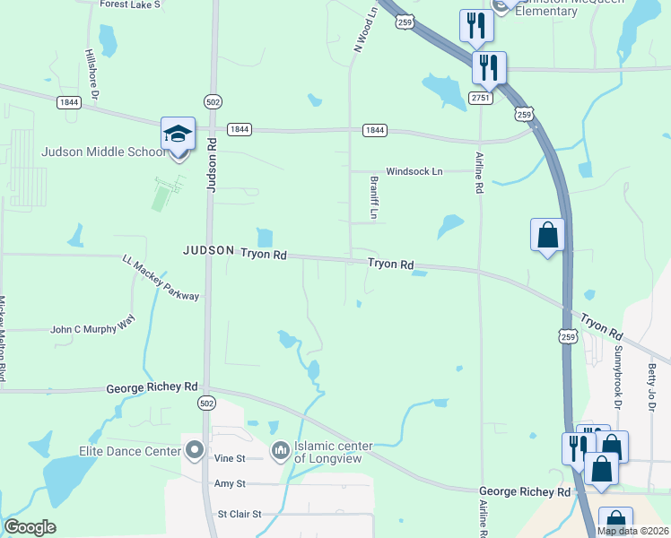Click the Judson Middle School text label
(104, 152)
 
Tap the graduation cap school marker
(178, 134)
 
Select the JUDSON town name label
(209, 251)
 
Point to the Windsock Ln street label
(414, 171)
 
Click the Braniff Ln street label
(374, 198)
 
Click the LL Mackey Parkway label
(161, 277)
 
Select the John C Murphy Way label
(93, 330)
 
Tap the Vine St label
(230, 458)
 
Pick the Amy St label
(230, 484)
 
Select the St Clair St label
(239, 515)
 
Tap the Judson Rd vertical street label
(213, 165)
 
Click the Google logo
(30, 527)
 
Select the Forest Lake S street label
(131, 4)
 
